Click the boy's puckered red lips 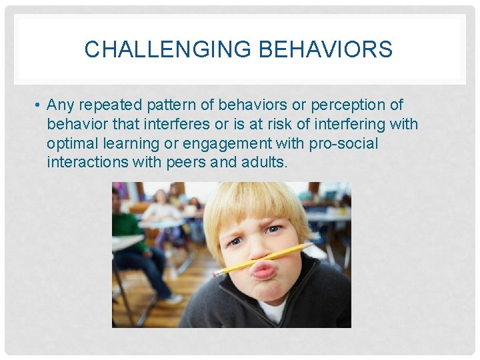[264, 270]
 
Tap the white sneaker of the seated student [173, 299]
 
